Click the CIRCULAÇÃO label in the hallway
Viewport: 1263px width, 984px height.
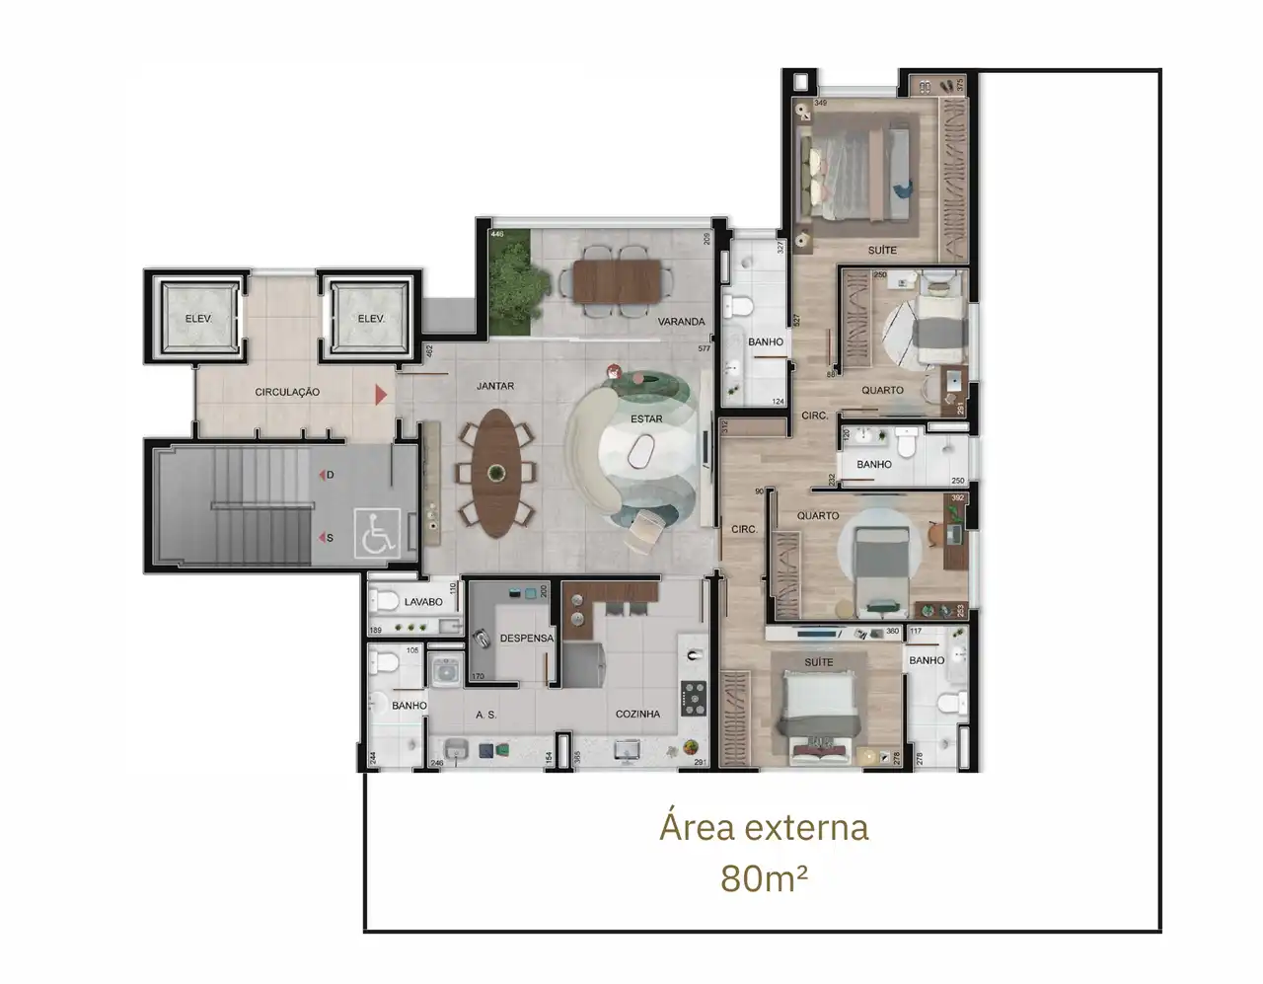tap(287, 392)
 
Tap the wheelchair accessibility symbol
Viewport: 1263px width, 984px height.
tap(378, 533)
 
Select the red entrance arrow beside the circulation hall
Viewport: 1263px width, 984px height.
tap(380, 396)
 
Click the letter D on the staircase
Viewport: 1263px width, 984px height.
tap(330, 475)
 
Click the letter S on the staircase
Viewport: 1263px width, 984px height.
tap(330, 538)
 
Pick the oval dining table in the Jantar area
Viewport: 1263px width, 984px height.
tap(495, 472)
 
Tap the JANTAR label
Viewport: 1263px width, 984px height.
tap(494, 386)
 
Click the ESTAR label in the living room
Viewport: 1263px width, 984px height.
tap(646, 418)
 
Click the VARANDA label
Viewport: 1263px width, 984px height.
tap(681, 322)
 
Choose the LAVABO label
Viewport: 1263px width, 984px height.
tap(423, 602)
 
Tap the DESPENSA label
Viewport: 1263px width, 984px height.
tap(526, 639)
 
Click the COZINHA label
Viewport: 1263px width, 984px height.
tap(637, 714)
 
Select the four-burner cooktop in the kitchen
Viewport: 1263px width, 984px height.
tap(694, 698)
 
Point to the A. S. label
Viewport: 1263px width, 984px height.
tap(485, 715)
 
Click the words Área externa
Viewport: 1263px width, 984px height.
tap(764, 827)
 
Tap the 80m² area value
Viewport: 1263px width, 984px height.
tap(764, 877)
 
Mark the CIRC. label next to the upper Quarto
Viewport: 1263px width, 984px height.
tap(814, 416)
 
